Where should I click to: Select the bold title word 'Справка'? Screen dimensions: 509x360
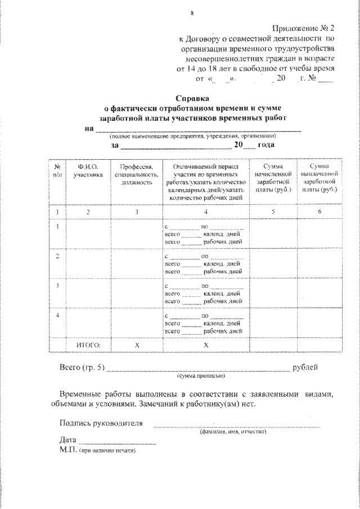pyautogui.click(x=192, y=97)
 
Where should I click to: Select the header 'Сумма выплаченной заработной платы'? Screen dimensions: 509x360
pyautogui.click(x=318, y=179)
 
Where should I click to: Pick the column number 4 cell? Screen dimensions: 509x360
pyautogui.click(x=206, y=211)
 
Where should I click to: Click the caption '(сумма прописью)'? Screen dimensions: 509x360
pyautogui.click(x=200, y=376)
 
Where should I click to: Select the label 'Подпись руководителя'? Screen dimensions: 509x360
pyautogui.click(x=101, y=423)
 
